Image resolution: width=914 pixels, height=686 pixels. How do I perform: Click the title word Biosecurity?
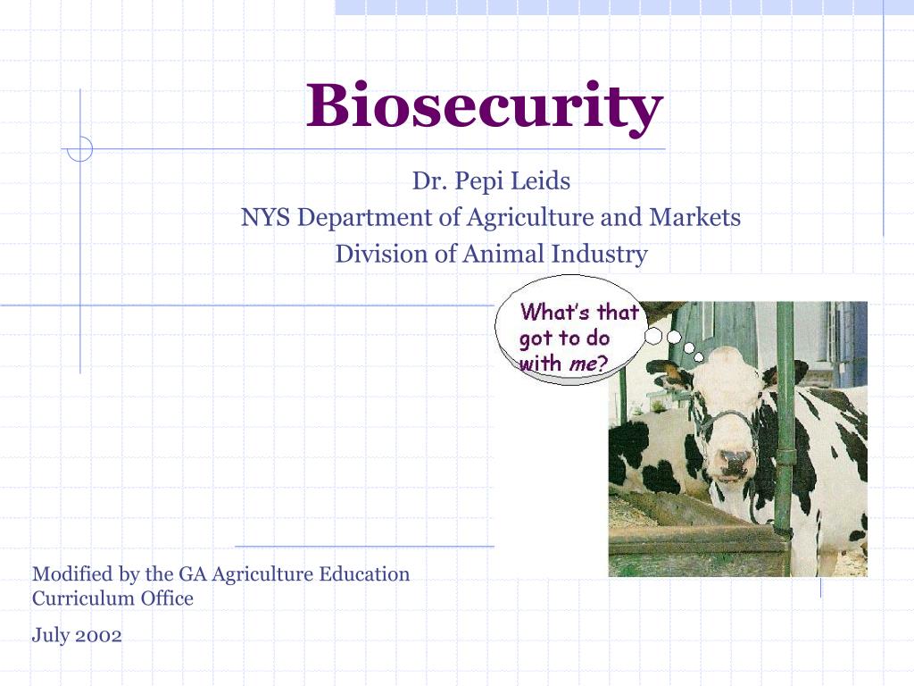485,106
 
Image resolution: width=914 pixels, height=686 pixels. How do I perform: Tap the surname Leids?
540,182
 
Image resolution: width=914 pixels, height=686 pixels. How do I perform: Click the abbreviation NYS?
265,217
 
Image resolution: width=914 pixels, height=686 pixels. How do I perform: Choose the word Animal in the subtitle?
503,254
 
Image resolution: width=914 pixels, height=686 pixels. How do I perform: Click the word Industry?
599,254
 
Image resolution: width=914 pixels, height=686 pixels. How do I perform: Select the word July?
49,636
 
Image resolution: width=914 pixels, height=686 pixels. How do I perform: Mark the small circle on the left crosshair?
80,148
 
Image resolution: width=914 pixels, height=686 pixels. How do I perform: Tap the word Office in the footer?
167,598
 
